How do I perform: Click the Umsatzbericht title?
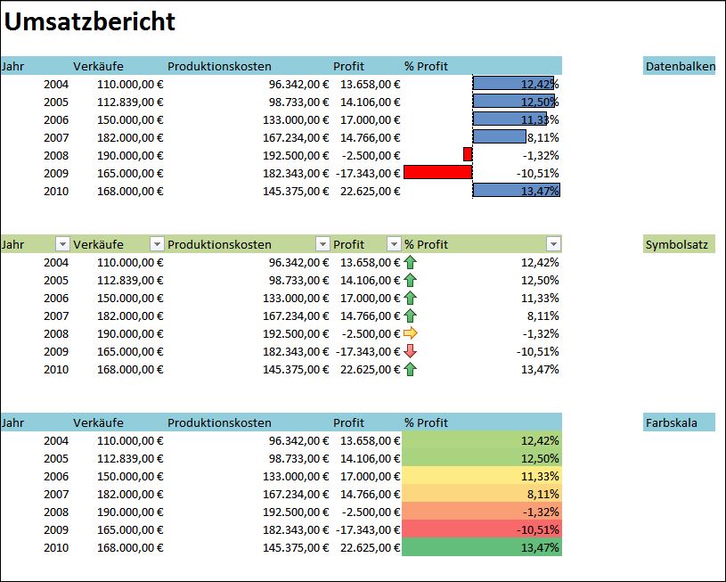[x=90, y=22]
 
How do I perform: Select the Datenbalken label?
[x=678, y=66]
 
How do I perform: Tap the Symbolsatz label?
[x=676, y=244]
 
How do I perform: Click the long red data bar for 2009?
[x=437, y=172]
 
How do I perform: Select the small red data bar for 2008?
[x=468, y=154]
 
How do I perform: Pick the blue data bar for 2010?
[x=516, y=190]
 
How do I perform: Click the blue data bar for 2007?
[x=500, y=136]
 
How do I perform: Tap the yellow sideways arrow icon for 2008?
[x=410, y=333]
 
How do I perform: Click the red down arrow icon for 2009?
[x=410, y=351]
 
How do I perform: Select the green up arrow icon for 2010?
[x=410, y=369]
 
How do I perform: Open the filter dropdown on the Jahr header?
[x=62, y=244]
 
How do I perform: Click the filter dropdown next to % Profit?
[x=553, y=244]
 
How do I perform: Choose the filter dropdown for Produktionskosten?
[x=322, y=244]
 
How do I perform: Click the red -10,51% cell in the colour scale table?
[x=482, y=529]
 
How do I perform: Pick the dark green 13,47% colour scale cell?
[x=482, y=547]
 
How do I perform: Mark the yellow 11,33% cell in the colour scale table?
[x=482, y=476]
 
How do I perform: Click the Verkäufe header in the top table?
[x=98, y=66]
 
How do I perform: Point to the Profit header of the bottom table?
[x=348, y=422]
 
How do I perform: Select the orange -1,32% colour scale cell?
[x=482, y=512]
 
